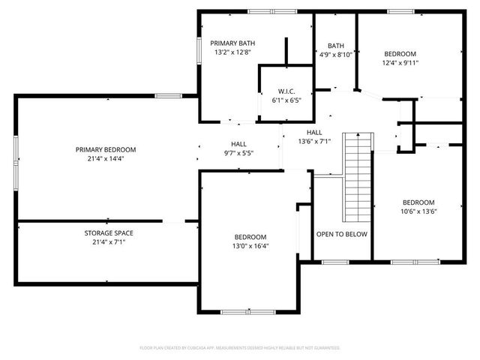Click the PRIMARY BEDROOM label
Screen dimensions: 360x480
click(x=106, y=149)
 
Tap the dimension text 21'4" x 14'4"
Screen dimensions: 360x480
click(x=106, y=158)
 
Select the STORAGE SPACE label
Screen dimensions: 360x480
click(x=109, y=232)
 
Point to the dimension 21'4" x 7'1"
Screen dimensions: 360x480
click(x=109, y=241)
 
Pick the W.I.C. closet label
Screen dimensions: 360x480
click(x=286, y=90)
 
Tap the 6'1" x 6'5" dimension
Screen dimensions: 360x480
click(x=286, y=100)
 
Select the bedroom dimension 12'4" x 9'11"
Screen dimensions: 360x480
click(x=400, y=63)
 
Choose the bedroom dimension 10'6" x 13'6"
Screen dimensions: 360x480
click(x=418, y=211)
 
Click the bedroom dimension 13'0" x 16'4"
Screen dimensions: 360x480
click(x=250, y=246)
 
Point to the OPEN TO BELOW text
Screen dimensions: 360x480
click(x=341, y=234)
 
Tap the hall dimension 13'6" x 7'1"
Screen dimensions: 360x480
click(x=314, y=141)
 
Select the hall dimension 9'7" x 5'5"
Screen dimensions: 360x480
click(x=238, y=153)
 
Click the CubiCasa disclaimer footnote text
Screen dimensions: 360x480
click(x=240, y=348)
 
